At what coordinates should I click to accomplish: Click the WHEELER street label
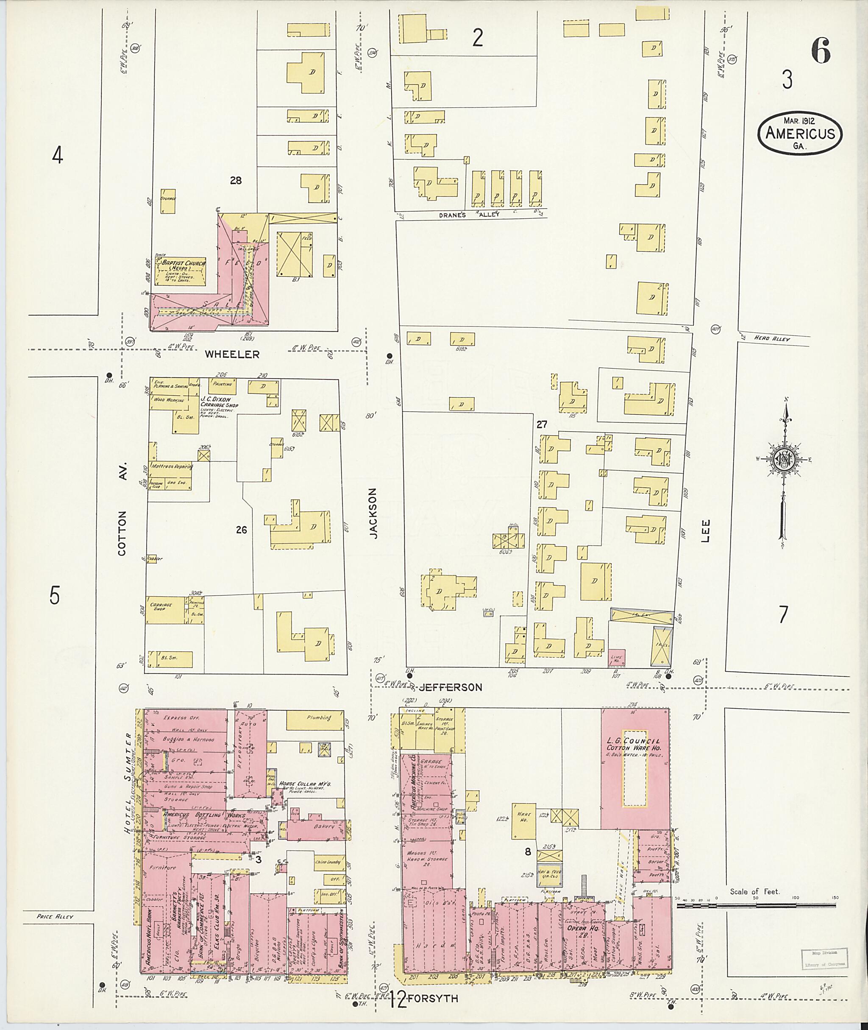click(x=232, y=354)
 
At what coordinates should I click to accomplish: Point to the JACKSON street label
click(x=373, y=513)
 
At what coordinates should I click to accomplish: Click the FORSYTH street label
click(x=433, y=999)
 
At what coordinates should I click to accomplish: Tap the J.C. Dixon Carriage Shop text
click(x=219, y=401)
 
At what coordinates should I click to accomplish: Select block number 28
click(x=236, y=181)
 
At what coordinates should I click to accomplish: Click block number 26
click(x=241, y=530)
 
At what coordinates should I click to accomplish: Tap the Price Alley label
click(x=55, y=916)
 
